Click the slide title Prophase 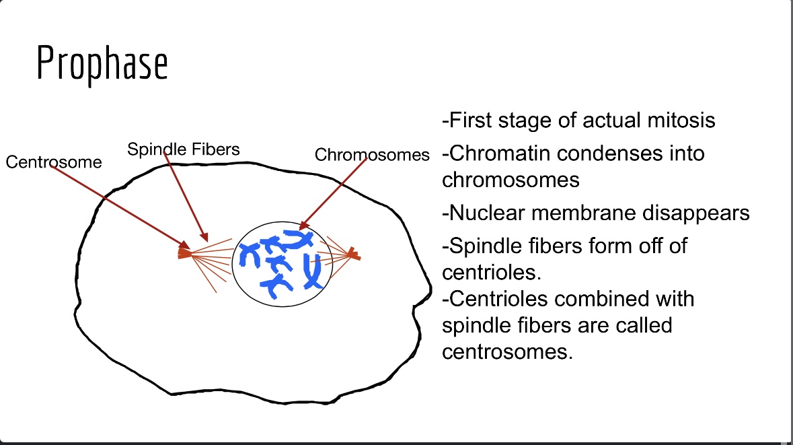click(x=102, y=64)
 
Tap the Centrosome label click(x=54, y=162)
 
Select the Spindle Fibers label click(x=184, y=149)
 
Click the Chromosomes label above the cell click(x=372, y=156)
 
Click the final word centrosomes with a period click(x=507, y=351)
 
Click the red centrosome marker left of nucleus click(x=184, y=252)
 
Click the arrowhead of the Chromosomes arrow click(x=303, y=226)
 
